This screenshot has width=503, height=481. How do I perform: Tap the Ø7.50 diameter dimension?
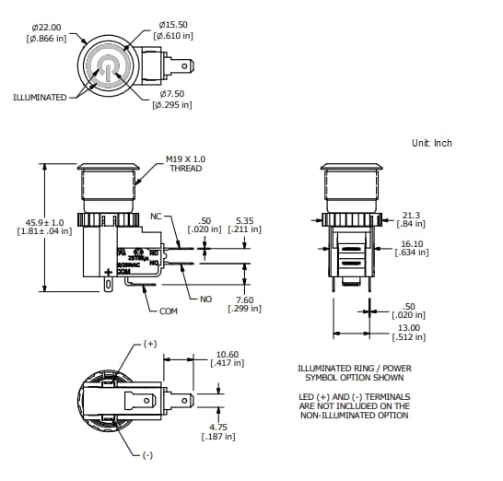point(172,93)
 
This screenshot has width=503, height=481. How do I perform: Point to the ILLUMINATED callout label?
point(40,97)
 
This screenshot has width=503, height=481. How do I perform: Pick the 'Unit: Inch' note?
point(432,143)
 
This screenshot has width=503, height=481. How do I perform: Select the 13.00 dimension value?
point(409,327)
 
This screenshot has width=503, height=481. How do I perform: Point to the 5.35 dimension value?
point(244,221)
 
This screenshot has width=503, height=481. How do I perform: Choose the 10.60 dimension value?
point(228,353)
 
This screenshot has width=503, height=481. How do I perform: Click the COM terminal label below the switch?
point(168,311)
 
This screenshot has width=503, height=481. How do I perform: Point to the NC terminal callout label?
point(156,216)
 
